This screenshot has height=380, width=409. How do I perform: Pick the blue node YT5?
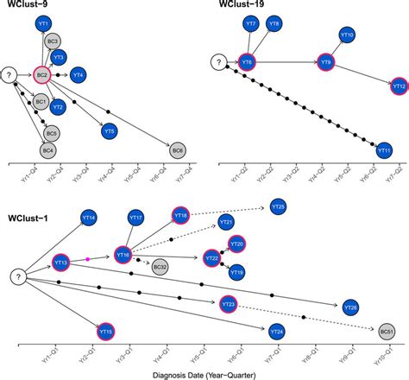coord(109,132)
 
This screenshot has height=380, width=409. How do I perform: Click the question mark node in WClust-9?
coord(11,76)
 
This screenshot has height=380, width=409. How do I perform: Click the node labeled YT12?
coord(399,86)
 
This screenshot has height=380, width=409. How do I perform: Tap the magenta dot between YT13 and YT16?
coord(88,258)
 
